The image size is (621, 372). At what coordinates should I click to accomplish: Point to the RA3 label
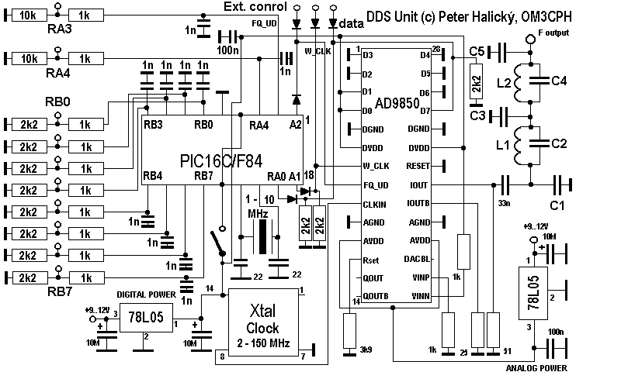point(59,29)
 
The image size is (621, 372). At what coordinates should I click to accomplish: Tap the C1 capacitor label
point(558,206)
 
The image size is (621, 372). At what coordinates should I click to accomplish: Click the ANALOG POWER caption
point(536,367)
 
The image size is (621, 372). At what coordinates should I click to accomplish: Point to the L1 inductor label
point(502,145)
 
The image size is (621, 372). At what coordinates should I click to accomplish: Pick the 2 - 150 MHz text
point(262,342)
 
